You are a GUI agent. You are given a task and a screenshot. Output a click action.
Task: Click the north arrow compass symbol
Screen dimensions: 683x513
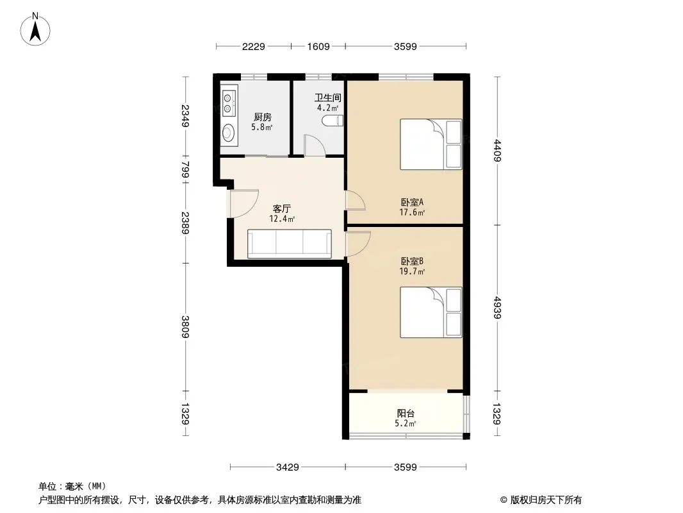(x=35, y=29)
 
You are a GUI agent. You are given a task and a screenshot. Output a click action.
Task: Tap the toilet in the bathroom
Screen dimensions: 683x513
(x=333, y=121)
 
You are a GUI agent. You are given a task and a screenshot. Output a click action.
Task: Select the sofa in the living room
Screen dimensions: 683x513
(x=290, y=244)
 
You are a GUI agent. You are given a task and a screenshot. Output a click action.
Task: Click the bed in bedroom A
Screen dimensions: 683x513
(x=431, y=144)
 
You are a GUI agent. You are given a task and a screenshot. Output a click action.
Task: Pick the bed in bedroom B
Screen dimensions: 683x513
(x=431, y=312)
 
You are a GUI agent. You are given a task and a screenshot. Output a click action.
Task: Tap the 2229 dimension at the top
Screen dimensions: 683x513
(x=254, y=47)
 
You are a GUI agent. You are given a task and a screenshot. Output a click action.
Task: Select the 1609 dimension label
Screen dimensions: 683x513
(x=318, y=47)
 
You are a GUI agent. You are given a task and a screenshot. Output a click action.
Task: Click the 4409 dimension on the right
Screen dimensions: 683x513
(x=497, y=150)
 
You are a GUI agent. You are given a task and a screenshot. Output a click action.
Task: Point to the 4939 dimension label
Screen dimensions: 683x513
(x=497, y=308)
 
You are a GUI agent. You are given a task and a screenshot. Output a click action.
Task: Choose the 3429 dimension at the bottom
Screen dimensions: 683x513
(x=288, y=467)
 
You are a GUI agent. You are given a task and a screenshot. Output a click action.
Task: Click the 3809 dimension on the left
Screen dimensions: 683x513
(x=186, y=326)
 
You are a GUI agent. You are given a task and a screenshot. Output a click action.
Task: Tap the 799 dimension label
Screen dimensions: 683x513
(x=186, y=169)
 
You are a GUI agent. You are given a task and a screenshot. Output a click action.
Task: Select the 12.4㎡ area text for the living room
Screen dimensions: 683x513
(x=282, y=219)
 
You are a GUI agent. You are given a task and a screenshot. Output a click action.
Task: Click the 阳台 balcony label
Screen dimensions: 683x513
(x=406, y=413)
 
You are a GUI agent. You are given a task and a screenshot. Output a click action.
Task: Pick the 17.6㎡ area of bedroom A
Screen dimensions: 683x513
(x=412, y=213)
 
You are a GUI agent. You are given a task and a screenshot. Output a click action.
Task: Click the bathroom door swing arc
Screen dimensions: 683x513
(x=315, y=145)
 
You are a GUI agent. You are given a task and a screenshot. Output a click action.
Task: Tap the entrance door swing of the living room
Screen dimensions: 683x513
(x=244, y=203)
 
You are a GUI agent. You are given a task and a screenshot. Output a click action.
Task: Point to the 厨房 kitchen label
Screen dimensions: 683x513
(x=263, y=117)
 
